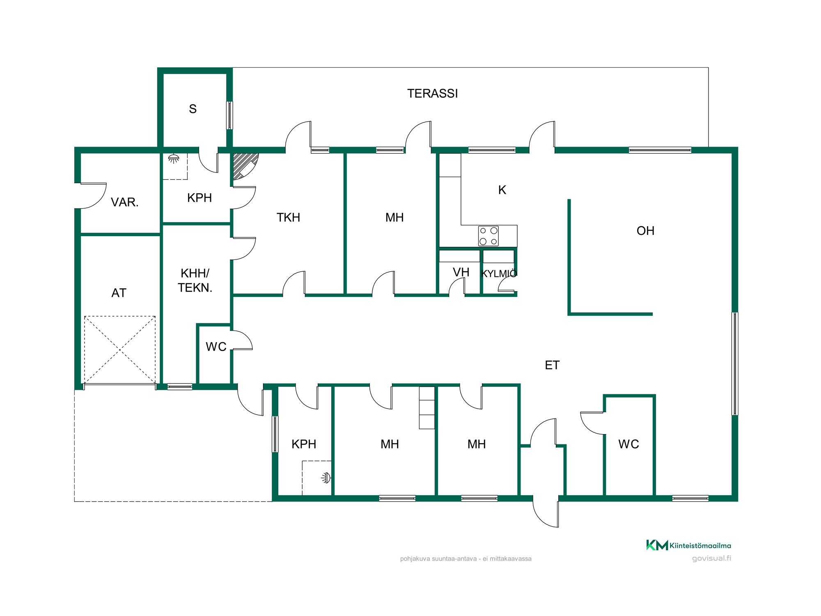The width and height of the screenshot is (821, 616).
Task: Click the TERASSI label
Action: (x=432, y=94)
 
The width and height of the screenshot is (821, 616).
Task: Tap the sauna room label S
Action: (x=193, y=109)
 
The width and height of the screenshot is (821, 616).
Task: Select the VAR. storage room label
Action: (x=125, y=202)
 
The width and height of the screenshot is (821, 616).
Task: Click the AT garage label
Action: (x=119, y=293)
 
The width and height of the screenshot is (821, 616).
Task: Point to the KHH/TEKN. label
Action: (x=195, y=280)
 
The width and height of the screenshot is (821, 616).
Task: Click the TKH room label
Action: (x=288, y=217)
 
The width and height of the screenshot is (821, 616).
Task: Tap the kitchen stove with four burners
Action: (x=488, y=236)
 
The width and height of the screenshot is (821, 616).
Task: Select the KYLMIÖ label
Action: (x=499, y=274)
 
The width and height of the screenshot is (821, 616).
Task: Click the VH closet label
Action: (x=461, y=272)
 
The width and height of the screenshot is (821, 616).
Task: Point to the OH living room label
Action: (x=645, y=231)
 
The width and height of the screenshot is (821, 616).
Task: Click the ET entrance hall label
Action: (x=552, y=365)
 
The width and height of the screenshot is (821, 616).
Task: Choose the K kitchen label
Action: (x=502, y=190)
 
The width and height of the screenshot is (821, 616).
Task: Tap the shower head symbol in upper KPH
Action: (x=174, y=159)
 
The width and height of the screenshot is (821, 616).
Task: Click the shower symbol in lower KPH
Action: (x=326, y=478)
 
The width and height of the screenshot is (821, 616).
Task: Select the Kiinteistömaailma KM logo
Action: (x=688, y=545)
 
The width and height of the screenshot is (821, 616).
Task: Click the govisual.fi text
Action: (x=711, y=559)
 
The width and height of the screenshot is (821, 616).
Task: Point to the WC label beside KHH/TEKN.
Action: (x=216, y=347)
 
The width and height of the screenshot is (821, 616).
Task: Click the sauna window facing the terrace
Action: (x=230, y=115)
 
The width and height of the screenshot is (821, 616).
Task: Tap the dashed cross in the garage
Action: (x=120, y=350)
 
